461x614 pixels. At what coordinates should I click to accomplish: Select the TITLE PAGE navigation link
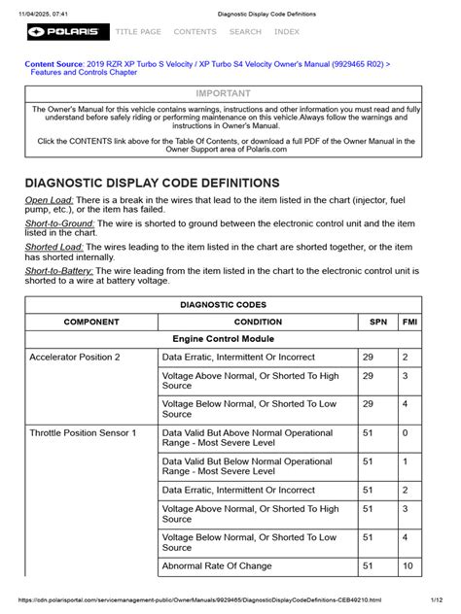pos(139,32)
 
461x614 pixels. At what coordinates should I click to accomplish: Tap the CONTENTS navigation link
pos(195,32)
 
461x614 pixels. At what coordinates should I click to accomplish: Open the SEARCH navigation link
pos(245,32)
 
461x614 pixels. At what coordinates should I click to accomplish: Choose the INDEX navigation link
pos(287,32)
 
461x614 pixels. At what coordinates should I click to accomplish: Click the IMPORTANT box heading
pos(224,93)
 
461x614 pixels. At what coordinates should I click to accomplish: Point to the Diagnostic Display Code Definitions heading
pos(152,184)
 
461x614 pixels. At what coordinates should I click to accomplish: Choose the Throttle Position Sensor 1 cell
pos(83,431)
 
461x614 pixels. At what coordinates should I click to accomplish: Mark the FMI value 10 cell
pos(408,564)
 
